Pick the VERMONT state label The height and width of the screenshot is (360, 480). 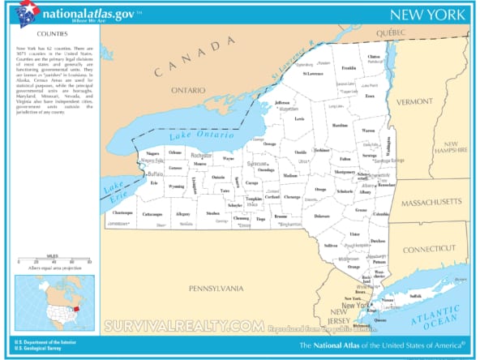(x=415, y=101)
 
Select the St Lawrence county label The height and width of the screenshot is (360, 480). (x=314, y=73)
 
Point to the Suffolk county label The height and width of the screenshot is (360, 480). (x=415, y=296)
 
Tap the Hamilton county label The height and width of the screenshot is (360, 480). (x=340, y=126)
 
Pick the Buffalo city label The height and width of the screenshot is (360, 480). (x=155, y=174)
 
